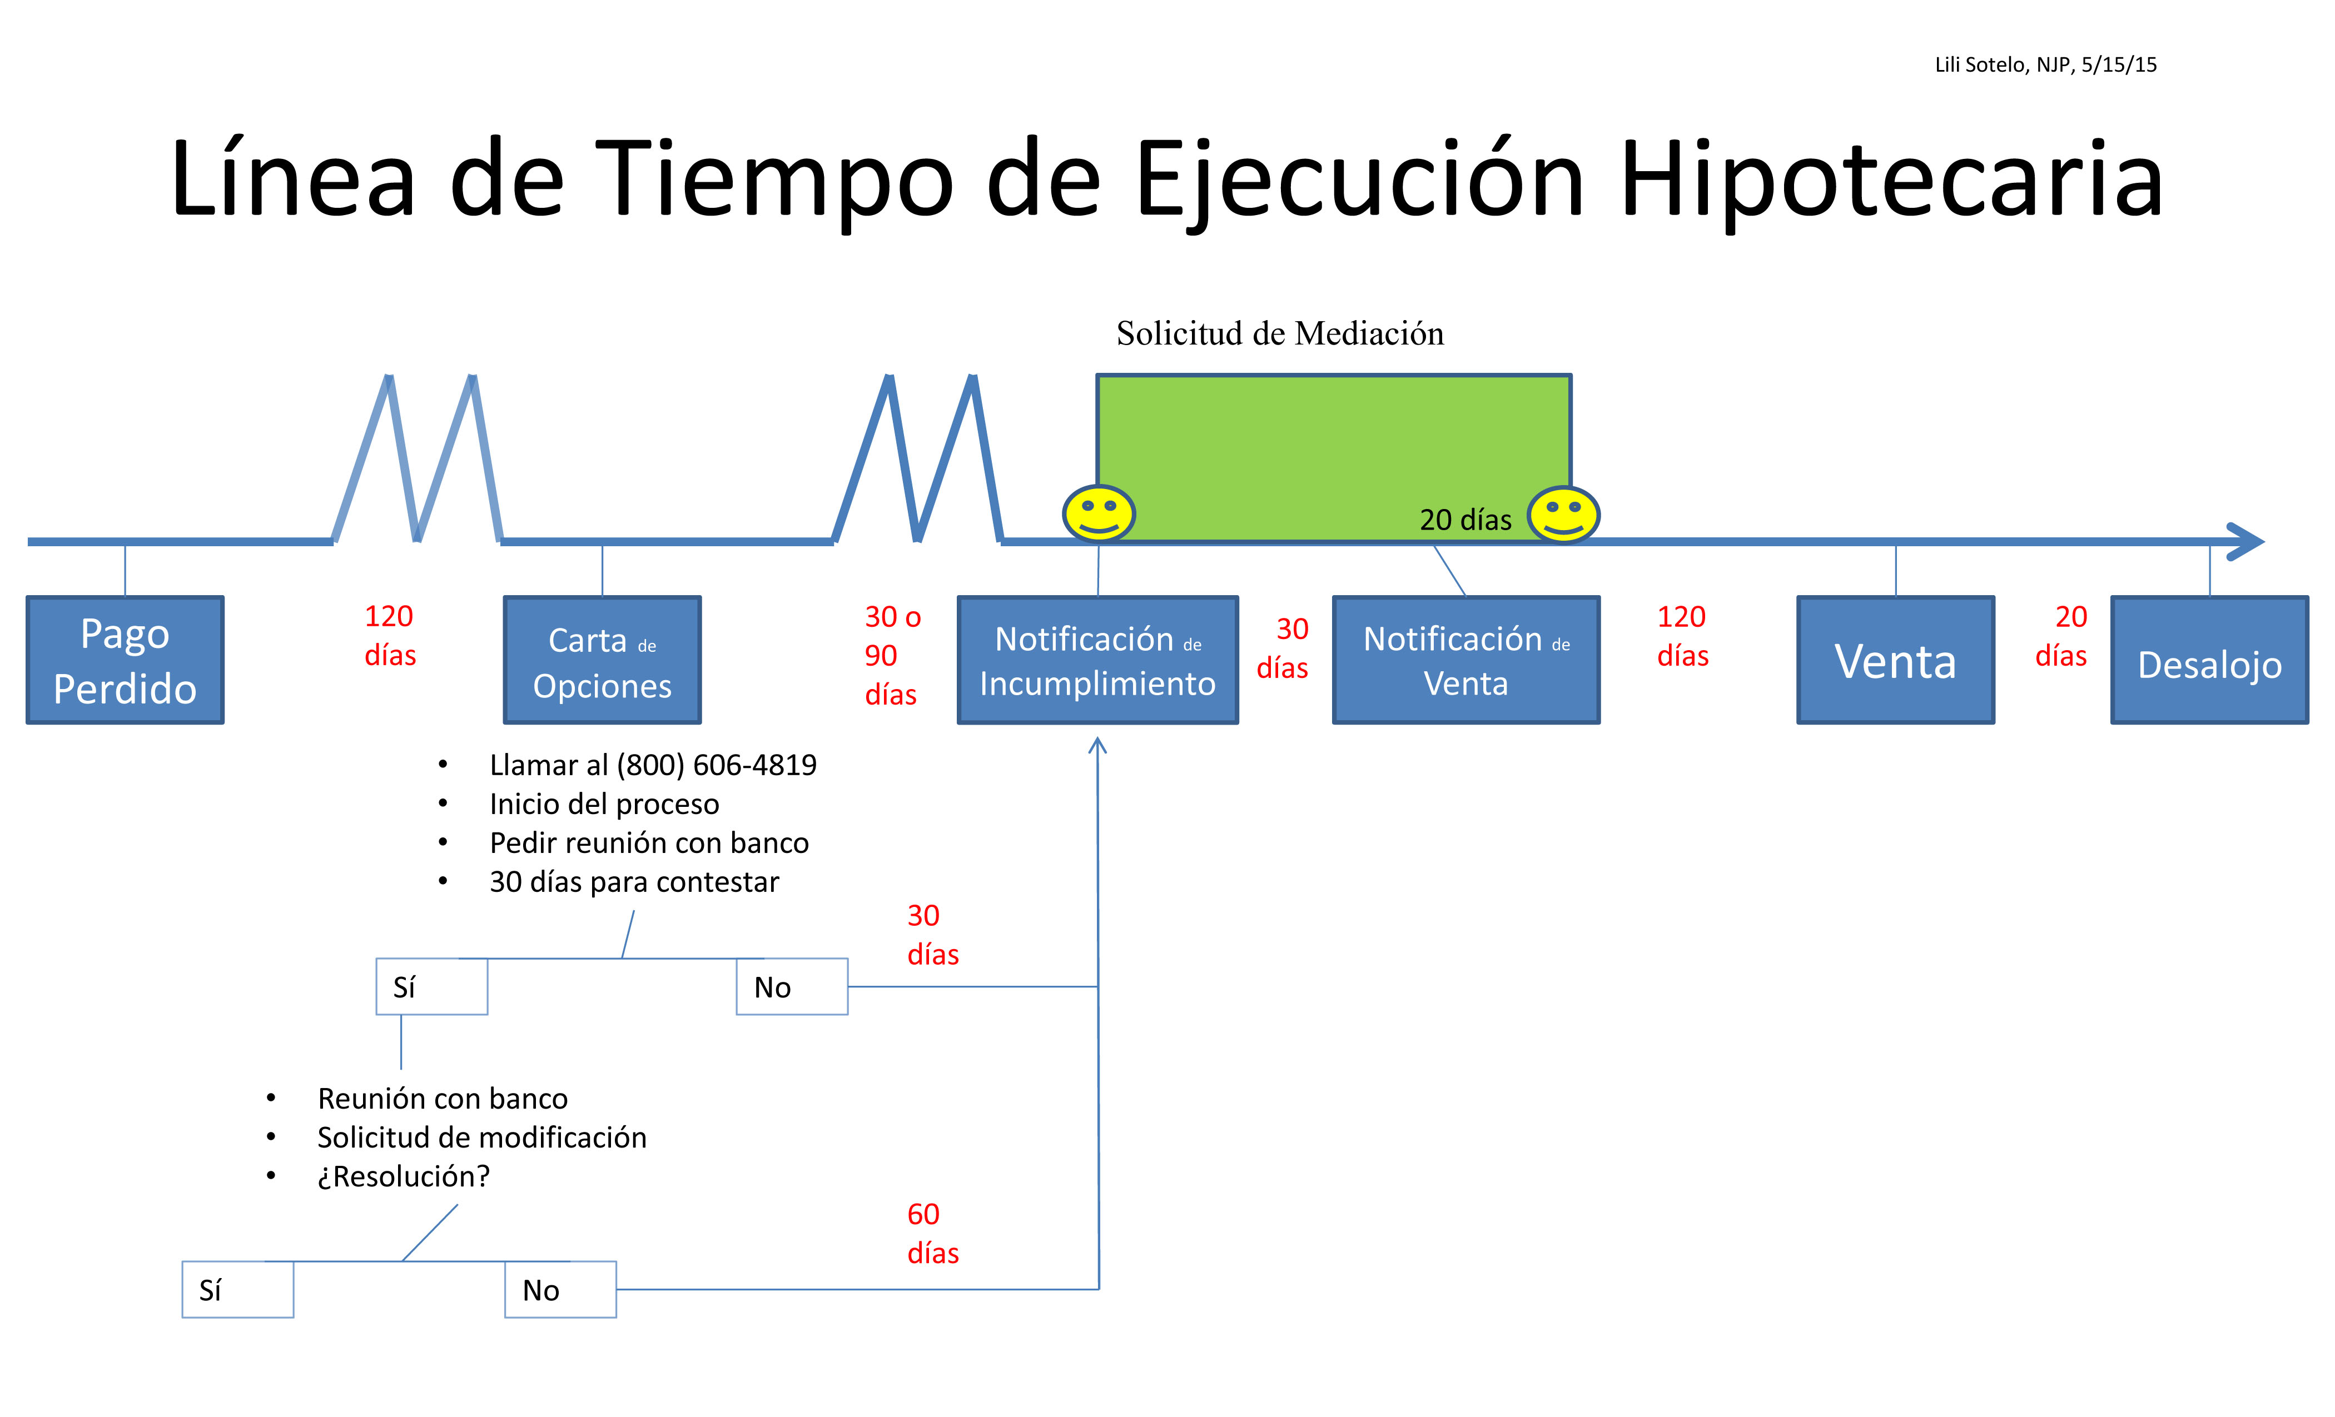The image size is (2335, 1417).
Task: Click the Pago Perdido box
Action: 125,660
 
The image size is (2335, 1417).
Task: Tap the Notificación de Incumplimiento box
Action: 1097,660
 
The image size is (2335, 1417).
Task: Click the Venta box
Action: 1895,660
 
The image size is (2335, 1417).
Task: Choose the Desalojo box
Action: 2209,660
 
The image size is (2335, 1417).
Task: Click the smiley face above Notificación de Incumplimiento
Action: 1099,513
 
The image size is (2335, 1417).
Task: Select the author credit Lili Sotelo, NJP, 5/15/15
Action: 2045,64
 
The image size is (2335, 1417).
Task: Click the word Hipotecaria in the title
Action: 1891,180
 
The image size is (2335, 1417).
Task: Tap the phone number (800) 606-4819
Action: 717,765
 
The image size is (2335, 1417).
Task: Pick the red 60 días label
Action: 932,1233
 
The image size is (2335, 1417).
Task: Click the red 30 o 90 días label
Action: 892,656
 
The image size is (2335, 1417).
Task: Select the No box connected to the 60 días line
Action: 560,1289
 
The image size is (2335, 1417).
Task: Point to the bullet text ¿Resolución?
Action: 404,1176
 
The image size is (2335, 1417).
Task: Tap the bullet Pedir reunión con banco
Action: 649,843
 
